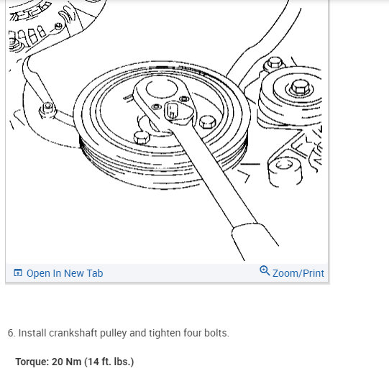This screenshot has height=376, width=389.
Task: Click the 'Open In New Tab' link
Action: click(64, 273)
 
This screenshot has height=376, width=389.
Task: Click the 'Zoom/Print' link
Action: click(298, 273)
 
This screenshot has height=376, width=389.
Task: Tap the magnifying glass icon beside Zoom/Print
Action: click(265, 271)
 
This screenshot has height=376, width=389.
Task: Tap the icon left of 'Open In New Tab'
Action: click(18, 273)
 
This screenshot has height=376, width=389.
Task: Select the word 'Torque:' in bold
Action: click(32, 362)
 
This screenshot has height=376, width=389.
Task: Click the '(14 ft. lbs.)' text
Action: click(109, 362)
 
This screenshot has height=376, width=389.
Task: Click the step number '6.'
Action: click(12, 334)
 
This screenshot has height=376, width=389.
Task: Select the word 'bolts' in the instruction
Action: click(215, 334)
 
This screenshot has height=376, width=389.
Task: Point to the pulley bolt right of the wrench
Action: click(209, 120)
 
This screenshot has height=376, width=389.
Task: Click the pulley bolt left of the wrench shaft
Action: click(142, 136)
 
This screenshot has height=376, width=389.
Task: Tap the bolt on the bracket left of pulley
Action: click(48, 108)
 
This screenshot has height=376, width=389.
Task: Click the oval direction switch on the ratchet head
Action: click(173, 111)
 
